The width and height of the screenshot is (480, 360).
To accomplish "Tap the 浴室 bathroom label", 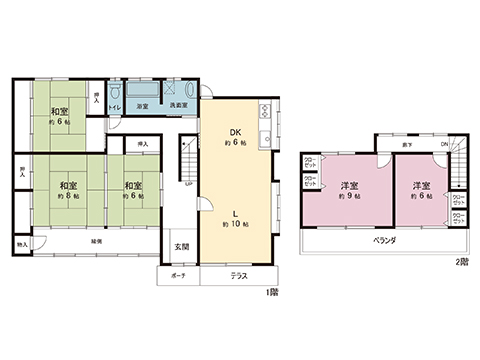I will coord(142,106).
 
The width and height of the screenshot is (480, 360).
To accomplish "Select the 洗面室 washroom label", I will coord(176,106).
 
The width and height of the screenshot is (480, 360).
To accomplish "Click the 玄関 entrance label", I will coord(181,246).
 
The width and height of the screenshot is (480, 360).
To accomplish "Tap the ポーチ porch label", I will coord(178,274).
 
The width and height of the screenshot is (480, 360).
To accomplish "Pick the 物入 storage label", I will coord(22,244).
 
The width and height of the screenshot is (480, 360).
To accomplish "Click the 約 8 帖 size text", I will coord(68,197).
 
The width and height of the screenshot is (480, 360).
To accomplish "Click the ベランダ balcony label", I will coord(386,241).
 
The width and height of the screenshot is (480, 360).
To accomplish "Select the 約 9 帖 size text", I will coord(349,197).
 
